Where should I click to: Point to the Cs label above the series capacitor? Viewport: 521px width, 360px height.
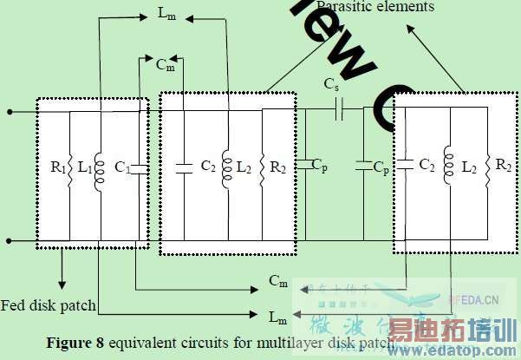point(331,86)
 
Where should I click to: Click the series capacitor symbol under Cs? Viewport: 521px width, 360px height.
point(339,109)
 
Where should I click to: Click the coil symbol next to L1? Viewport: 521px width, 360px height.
point(99,165)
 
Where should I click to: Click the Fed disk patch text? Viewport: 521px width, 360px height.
point(48,304)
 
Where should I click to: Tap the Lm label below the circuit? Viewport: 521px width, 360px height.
point(277,316)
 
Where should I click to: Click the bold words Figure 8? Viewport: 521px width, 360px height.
point(75,343)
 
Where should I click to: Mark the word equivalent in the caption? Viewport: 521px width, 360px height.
point(142,343)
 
